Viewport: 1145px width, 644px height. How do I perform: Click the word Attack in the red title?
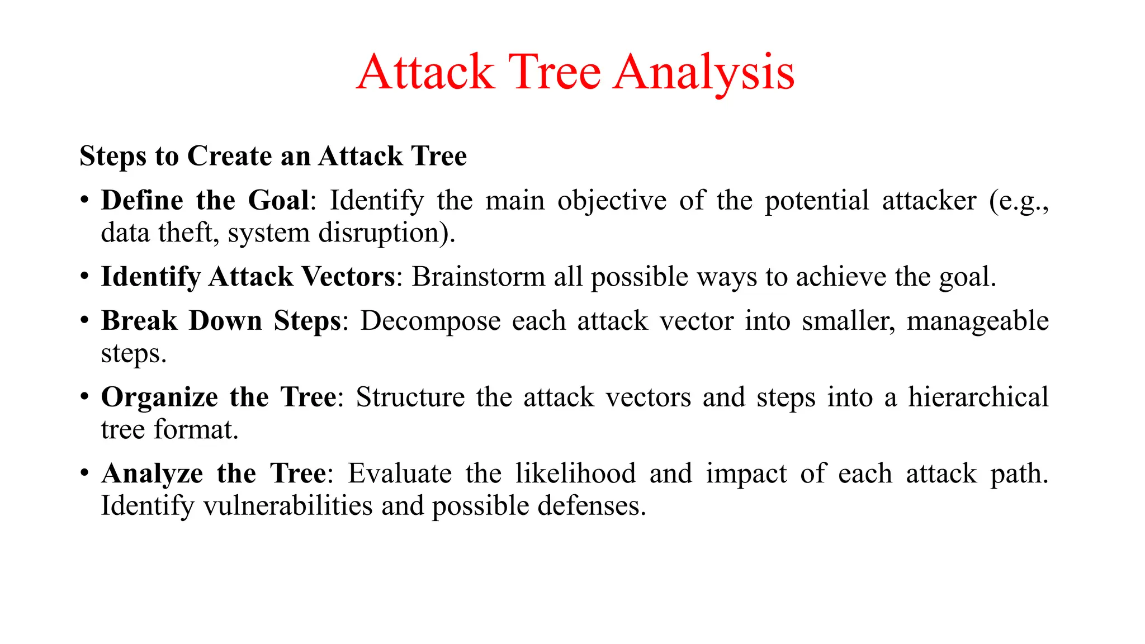tap(425, 73)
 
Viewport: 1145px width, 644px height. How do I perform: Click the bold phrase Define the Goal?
tap(205, 201)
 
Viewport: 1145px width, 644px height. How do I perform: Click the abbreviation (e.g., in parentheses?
tap(1018, 201)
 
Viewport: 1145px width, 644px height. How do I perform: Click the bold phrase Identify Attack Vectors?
tap(248, 277)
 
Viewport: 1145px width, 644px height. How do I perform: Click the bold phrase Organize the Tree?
tap(219, 397)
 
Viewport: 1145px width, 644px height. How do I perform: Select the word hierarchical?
tap(978, 397)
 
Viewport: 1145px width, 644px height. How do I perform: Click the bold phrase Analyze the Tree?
tap(214, 474)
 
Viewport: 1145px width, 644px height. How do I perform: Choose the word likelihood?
tap(575, 474)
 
